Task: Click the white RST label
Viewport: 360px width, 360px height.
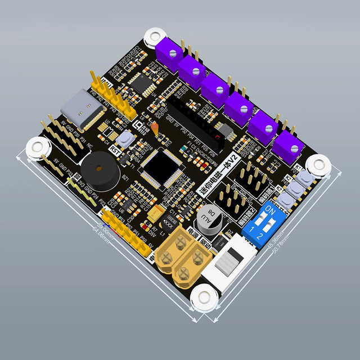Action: pos(115,150)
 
